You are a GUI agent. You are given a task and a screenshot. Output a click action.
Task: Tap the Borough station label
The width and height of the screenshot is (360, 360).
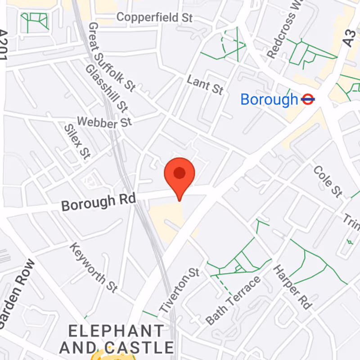269,99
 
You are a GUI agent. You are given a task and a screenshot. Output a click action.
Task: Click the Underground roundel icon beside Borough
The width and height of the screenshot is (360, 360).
308,99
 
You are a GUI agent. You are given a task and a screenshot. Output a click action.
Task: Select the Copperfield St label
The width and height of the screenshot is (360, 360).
154,18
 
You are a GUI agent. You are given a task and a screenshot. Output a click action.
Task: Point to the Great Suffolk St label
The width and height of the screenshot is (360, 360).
111,57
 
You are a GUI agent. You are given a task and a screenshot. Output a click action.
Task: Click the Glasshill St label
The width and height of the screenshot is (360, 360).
106,88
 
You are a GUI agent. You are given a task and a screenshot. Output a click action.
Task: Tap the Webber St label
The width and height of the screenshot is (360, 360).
104,121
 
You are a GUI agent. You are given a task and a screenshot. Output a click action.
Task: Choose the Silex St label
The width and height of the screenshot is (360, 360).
77,141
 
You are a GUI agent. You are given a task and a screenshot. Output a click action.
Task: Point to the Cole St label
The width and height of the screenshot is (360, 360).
328,181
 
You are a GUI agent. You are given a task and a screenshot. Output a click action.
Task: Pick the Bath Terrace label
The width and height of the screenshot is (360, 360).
233,300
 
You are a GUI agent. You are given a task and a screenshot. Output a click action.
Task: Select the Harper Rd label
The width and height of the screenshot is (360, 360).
292,287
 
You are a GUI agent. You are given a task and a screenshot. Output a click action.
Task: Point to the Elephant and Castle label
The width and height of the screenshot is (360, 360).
116,339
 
